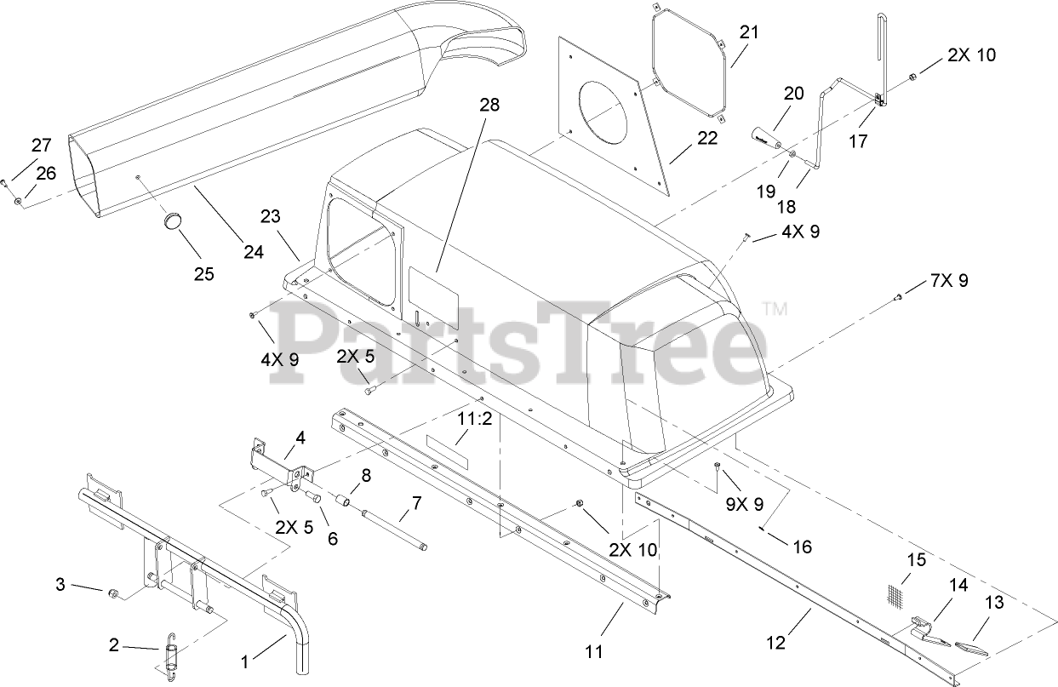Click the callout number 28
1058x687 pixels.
489,105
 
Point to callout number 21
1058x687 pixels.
748,33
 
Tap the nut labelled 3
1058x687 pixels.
112,590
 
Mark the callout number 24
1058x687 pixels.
254,252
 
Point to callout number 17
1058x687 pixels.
858,141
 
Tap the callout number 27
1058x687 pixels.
42,144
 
